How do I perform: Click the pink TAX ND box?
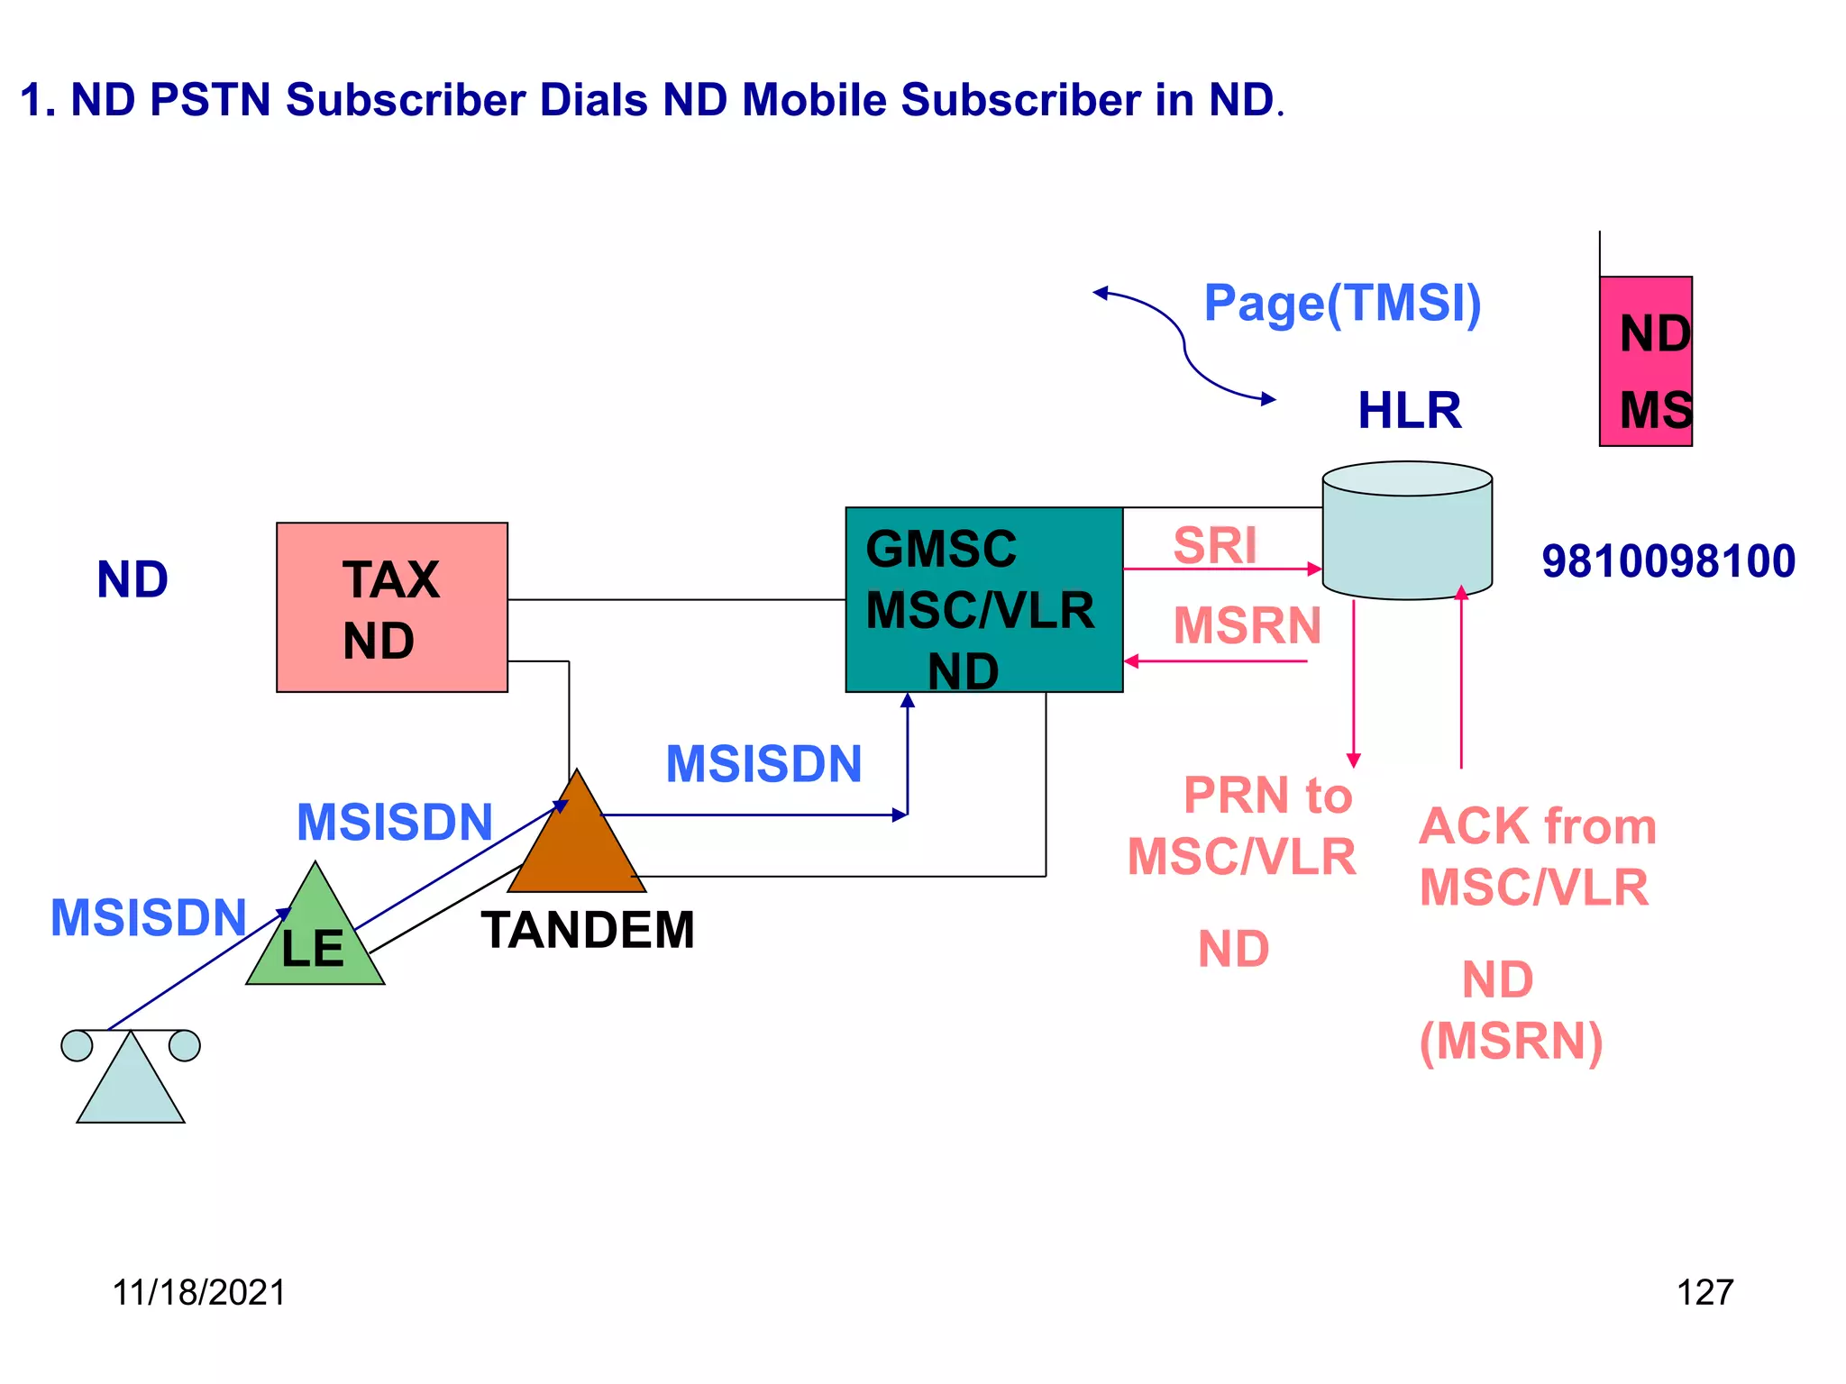tap(391, 606)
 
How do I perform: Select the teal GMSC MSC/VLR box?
tap(983, 599)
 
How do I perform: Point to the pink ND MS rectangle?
tap(1645, 360)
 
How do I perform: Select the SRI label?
tap(1214, 545)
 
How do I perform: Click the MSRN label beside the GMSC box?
tap(1247, 625)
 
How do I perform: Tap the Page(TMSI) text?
tap(1342, 303)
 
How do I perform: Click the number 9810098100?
tap(1668, 561)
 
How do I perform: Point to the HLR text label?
tap(1409, 410)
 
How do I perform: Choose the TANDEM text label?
tap(588, 930)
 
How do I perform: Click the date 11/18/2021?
tap(198, 1292)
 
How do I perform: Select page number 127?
tap(1704, 1292)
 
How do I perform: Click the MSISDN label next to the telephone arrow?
tap(149, 917)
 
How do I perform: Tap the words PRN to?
tap(1267, 796)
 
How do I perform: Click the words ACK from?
tap(1537, 826)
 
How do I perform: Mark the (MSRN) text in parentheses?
tap(1511, 1042)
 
